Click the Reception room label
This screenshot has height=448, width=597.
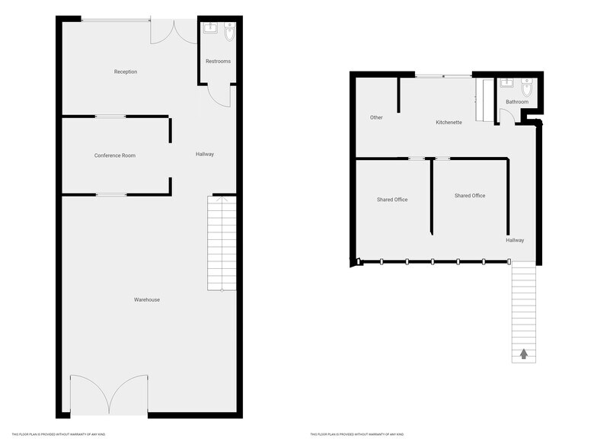(x=126, y=72)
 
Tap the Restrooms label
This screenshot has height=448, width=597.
(x=218, y=61)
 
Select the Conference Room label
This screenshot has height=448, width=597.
(x=115, y=155)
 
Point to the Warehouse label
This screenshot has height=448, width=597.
(x=147, y=299)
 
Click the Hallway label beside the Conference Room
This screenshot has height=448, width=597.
(x=205, y=154)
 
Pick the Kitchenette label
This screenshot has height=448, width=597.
(x=449, y=122)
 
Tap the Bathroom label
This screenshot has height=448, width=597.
(x=517, y=101)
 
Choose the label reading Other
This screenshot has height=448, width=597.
(x=376, y=117)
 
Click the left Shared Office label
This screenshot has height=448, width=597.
(x=392, y=200)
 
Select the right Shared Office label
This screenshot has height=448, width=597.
(x=470, y=196)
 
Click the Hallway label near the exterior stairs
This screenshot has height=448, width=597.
(x=515, y=240)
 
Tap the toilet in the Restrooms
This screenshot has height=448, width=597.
(x=229, y=32)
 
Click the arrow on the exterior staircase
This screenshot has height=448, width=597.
(x=524, y=353)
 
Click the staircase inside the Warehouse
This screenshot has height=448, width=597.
(x=222, y=244)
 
